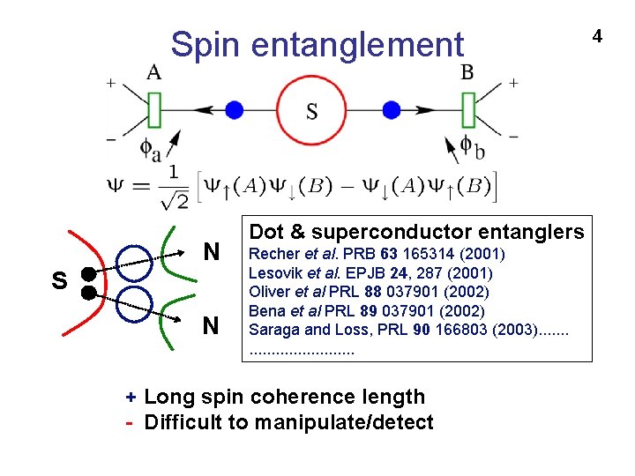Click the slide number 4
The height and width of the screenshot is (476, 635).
point(597,36)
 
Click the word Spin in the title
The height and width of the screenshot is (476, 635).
point(198,44)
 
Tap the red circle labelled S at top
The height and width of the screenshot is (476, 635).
point(312,110)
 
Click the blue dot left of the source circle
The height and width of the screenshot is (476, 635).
point(234,110)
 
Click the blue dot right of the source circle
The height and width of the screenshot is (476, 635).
point(392,110)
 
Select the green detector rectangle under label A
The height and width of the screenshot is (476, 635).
point(154,110)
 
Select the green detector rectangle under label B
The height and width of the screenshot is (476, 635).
point(468,110)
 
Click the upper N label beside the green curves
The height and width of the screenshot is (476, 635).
point(211,253)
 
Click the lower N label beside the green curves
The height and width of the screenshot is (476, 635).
point(211,326)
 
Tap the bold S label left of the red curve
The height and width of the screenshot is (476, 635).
point(59,281)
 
